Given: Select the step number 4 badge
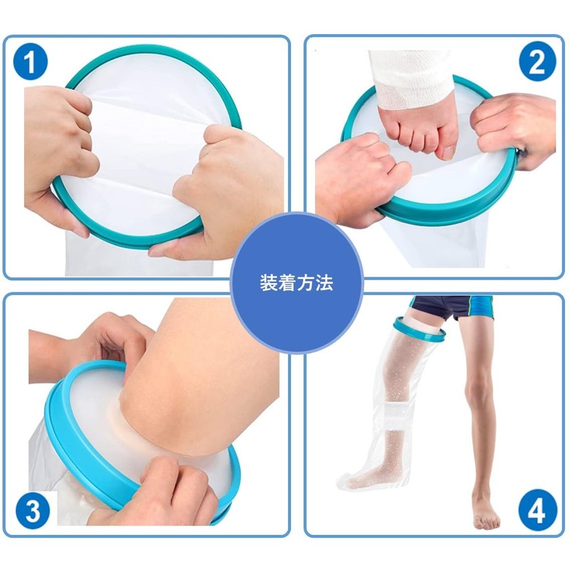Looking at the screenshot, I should coord(537,510).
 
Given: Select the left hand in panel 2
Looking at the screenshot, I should coord(356,178).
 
